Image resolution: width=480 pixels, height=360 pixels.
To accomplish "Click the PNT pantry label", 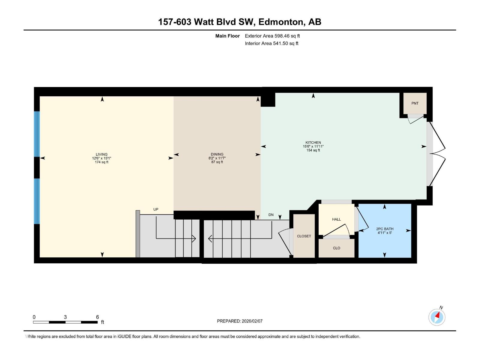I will click(x=415, y=103).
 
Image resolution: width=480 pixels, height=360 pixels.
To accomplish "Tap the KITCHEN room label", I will click(x=313, y=142).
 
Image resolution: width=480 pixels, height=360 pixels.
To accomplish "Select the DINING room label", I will click(x=217, y=154).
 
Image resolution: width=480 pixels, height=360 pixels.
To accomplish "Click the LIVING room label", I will click(x=101, y=154).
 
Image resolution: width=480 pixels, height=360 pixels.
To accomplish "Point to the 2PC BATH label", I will click(x=385, y=229).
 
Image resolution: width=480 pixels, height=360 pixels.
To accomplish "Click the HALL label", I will click(x=336, y=219).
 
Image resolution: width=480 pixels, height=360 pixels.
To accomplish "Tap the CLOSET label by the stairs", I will click(x=304, y=236).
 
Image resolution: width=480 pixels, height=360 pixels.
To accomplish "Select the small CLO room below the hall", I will click(x=336, y=248).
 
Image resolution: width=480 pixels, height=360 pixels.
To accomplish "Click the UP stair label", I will click(x=156, y=209).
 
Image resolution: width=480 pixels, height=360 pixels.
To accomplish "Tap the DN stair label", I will click(x=271, y=215).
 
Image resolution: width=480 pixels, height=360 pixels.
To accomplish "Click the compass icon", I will click(x=437, y=317).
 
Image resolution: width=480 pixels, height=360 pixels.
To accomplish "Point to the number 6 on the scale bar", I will click(x=97, y=317).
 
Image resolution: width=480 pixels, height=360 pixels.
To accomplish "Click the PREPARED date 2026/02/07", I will click(x=240, y=321).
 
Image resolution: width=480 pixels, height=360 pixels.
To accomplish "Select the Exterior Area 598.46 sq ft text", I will click(x=272, y=36).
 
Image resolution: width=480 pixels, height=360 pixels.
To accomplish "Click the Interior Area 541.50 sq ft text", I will click(x=271, y=43).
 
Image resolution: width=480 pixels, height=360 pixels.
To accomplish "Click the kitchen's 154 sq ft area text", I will click(x=313, y=150).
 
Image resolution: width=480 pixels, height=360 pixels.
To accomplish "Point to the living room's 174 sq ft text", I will click(x=101, y=162).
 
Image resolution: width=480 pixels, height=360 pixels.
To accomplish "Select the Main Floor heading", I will click(x=227, y=36).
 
